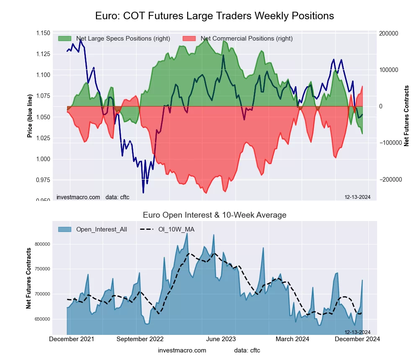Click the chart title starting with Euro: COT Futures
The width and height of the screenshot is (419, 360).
click(x=215, y=16)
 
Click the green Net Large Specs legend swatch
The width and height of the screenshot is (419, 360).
click(x=65, y=39)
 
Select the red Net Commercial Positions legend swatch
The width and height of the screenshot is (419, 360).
click(x=189, y=39)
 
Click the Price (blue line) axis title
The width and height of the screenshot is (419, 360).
click(x=30, y=116)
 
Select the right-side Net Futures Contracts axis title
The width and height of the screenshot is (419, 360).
click(x=406, y=116)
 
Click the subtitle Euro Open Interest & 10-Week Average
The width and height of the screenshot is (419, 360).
click(x=215, y=215)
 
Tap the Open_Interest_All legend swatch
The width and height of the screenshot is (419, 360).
click(x=65, y=229)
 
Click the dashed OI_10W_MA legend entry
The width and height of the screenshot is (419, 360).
click(x=167, y=229)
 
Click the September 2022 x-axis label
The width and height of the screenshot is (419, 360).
click(x=140, y=339)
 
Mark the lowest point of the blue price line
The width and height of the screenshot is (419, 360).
click(x=143, y=193)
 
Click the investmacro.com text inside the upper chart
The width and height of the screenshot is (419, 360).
click(x=78, y=197)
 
